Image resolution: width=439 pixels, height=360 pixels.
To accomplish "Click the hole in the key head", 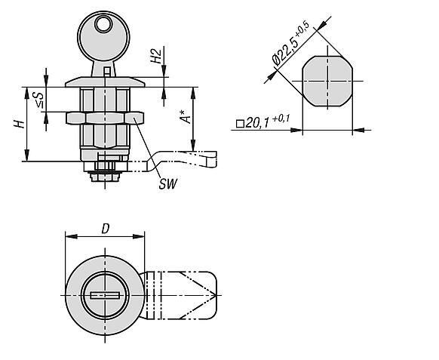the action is (103, 24).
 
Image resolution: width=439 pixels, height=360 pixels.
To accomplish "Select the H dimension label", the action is (19, 124).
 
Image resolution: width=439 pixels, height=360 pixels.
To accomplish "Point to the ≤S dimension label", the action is (39, 100).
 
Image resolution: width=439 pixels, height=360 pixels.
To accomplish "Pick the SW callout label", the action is (168, 184).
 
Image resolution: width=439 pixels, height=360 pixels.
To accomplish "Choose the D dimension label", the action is (105, 229).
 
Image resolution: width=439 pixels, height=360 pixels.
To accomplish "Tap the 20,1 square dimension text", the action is (257, 122).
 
